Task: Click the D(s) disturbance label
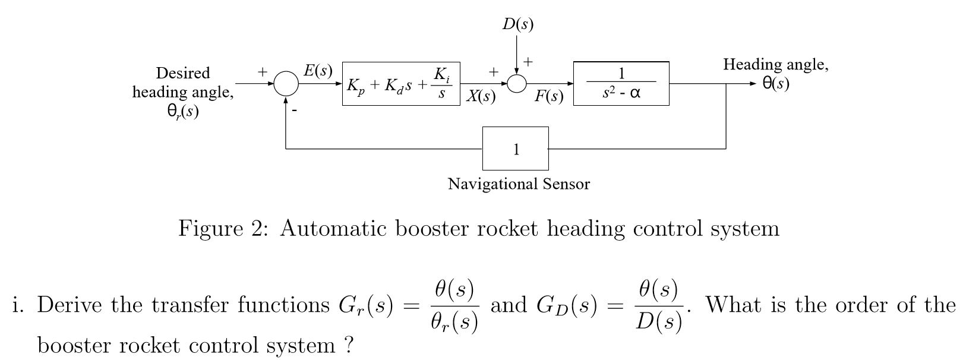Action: tap(517, 24)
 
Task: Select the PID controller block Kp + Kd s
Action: tap(401, 84)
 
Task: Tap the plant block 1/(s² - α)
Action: tap(621, 84)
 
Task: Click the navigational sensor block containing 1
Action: tap(515, 149)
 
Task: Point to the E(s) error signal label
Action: tap(318, 71)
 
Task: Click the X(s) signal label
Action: tap(481, 96)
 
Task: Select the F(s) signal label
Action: tap(548, 96)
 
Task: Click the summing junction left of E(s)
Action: tap(286, 84)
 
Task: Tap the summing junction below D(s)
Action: tap(517, 84)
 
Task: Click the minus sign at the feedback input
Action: tap(293, 110)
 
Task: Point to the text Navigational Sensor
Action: tap(519, 184)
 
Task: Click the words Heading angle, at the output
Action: tap(775, 64)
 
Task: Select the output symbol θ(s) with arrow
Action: tap(776, 84)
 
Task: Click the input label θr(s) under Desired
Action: tap(183, 111)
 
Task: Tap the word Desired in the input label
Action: tap(183, 73)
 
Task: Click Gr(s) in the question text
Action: tap(365, 305)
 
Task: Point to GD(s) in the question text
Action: tap(566, 305)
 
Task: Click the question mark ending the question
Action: tap(349, 345)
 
